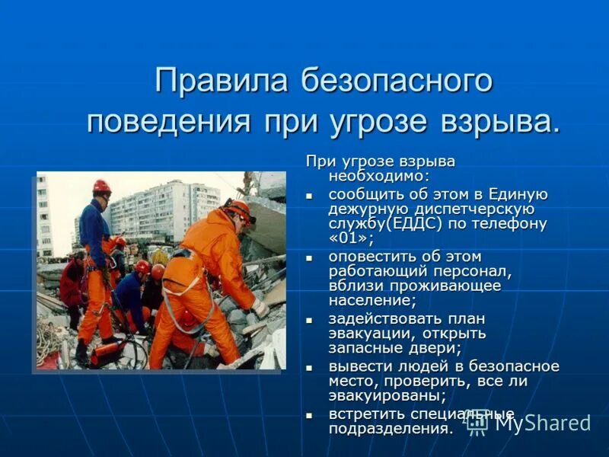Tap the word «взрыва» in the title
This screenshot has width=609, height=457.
(496, 122)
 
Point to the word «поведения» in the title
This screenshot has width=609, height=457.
(168, 122)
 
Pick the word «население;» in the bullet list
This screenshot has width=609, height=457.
(366, 300)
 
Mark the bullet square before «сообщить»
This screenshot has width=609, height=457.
(310, 196)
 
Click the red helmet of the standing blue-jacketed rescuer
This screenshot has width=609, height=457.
(101, 186)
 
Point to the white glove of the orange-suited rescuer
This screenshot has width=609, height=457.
(260, 308)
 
